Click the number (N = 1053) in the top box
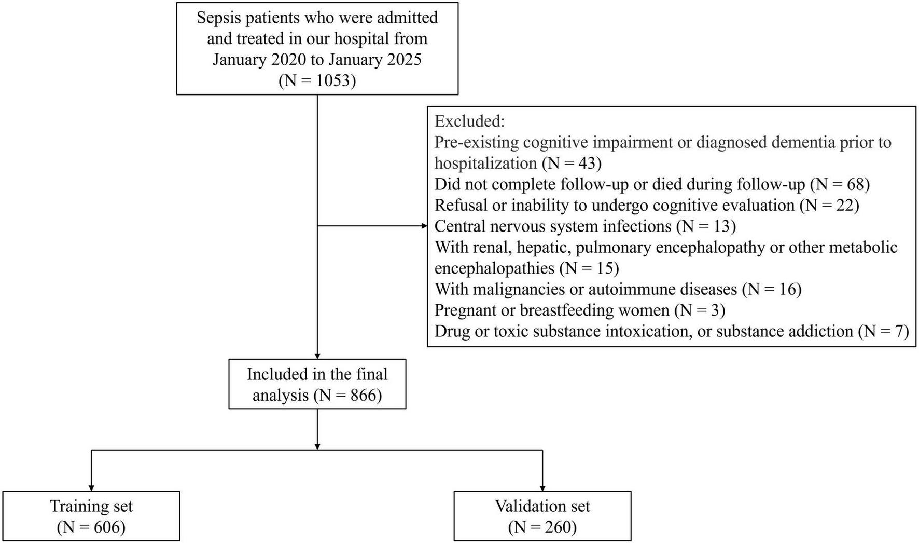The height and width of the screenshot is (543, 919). (317, 81)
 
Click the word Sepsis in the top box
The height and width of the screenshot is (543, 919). (219, 18)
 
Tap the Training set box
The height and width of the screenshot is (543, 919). (91, 516)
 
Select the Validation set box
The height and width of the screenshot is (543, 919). (542, 516)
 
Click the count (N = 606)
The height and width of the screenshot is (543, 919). (91, 527)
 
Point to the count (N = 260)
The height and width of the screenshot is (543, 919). (542, 527)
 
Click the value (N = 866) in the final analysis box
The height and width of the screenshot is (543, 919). (347, 396)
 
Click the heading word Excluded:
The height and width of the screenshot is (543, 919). (469, 121)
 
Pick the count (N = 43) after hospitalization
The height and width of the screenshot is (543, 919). (572, 164)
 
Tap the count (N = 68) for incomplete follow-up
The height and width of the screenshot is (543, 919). (840, 184)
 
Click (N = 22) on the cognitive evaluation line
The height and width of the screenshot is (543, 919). (829, 206)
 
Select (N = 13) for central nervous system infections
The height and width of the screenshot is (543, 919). (706, 226)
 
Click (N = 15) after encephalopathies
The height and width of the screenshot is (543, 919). (589, 268)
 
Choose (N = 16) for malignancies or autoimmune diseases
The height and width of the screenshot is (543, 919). (772, 289)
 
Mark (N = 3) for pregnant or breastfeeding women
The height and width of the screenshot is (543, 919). (700, 310)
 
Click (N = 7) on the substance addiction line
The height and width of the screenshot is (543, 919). (883, 331)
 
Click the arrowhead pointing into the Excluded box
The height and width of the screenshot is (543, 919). (424, 226)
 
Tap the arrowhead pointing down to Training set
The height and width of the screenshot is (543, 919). (91, 487)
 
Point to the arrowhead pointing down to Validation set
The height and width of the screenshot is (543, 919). (542, 487)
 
